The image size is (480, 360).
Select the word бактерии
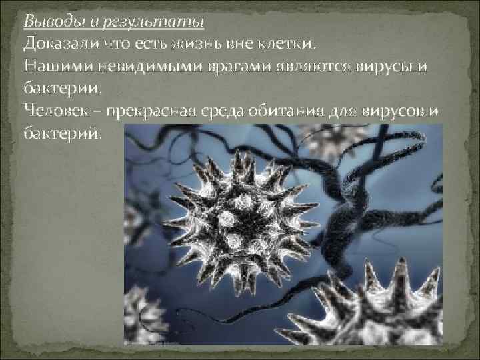[63, 87]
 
